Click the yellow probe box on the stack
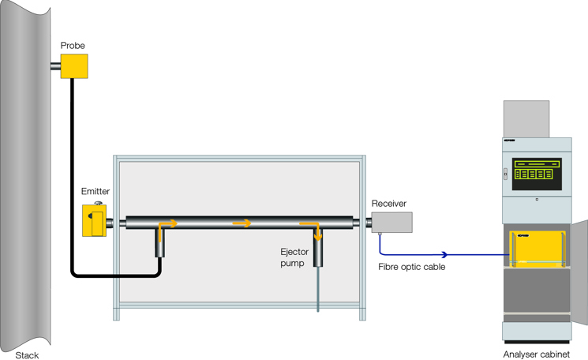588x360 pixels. click(x=74, y=66)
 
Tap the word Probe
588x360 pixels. click(x=73, y=46)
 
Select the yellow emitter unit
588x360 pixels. click(x=94, y=220)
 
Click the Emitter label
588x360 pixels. click(x=96, y=191)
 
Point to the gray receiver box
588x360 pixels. click(x=391, y=223)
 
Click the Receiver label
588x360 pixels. click(x=389, y=203)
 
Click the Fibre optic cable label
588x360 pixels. click(x=412, y=267)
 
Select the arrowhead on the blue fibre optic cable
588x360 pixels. click(x=444, y=254)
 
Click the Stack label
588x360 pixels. click(x=27, y=355)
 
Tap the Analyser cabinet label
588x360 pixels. click(x=536, y=354)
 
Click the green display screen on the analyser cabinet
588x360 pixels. click(x=537, y=174)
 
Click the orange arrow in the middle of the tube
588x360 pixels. click(x=242, y=223)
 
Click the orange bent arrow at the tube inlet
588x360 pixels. click(x=166, y=227)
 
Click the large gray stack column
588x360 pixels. click(x=27, y=174)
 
